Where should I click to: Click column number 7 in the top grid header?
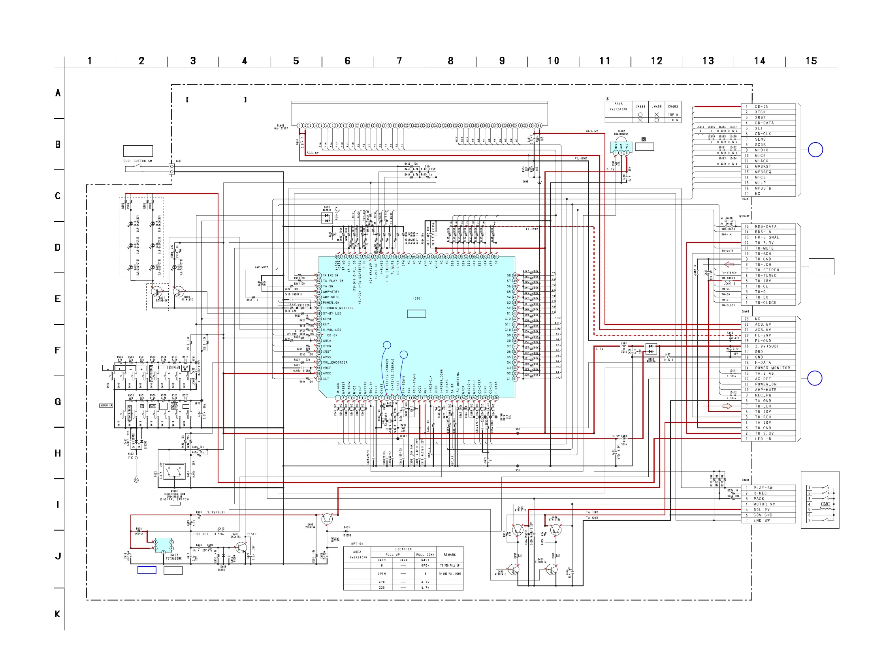[x=399, y=61]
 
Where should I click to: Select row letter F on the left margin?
[x=58, y=350]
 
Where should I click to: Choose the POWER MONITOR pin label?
[x=772, y=368]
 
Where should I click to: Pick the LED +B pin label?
[x=763, y=439]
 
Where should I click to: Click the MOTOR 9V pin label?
[x=764, y=504]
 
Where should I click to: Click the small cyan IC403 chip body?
[x=163, y=545]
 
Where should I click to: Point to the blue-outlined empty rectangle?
[x=147, y=570]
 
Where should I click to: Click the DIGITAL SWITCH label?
[x=175, y=500]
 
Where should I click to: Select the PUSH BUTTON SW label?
[x=137, y=161]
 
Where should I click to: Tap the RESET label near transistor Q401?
[x=251, y=534]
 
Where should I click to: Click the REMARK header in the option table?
[x=449, y=555]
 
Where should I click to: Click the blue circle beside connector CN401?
[x=815, y=150]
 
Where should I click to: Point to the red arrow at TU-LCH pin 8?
[x=729, y=264]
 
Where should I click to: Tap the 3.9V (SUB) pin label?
[x=766, y=346]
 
